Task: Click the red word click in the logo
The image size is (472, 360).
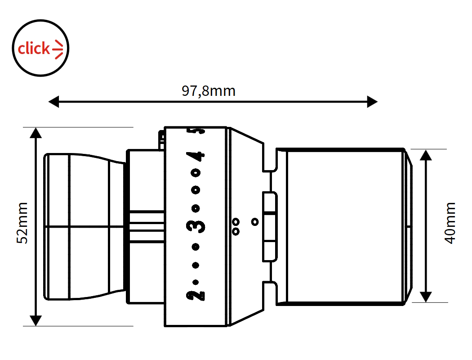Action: coord(34,49)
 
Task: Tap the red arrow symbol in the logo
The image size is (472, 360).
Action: coord(58,49)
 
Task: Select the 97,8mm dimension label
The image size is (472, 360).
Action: coord(208,91)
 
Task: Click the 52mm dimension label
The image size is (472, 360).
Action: coord(22,223)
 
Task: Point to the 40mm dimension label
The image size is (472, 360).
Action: coord(450,223)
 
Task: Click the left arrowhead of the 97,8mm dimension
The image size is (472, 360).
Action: coord(53,102)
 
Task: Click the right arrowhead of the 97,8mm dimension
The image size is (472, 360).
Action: coord(372,102)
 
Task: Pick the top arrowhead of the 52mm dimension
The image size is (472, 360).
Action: coord(36,133)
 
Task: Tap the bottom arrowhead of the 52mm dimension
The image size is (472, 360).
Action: coord(36,320)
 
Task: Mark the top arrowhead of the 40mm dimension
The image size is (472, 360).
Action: coord(426,155)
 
